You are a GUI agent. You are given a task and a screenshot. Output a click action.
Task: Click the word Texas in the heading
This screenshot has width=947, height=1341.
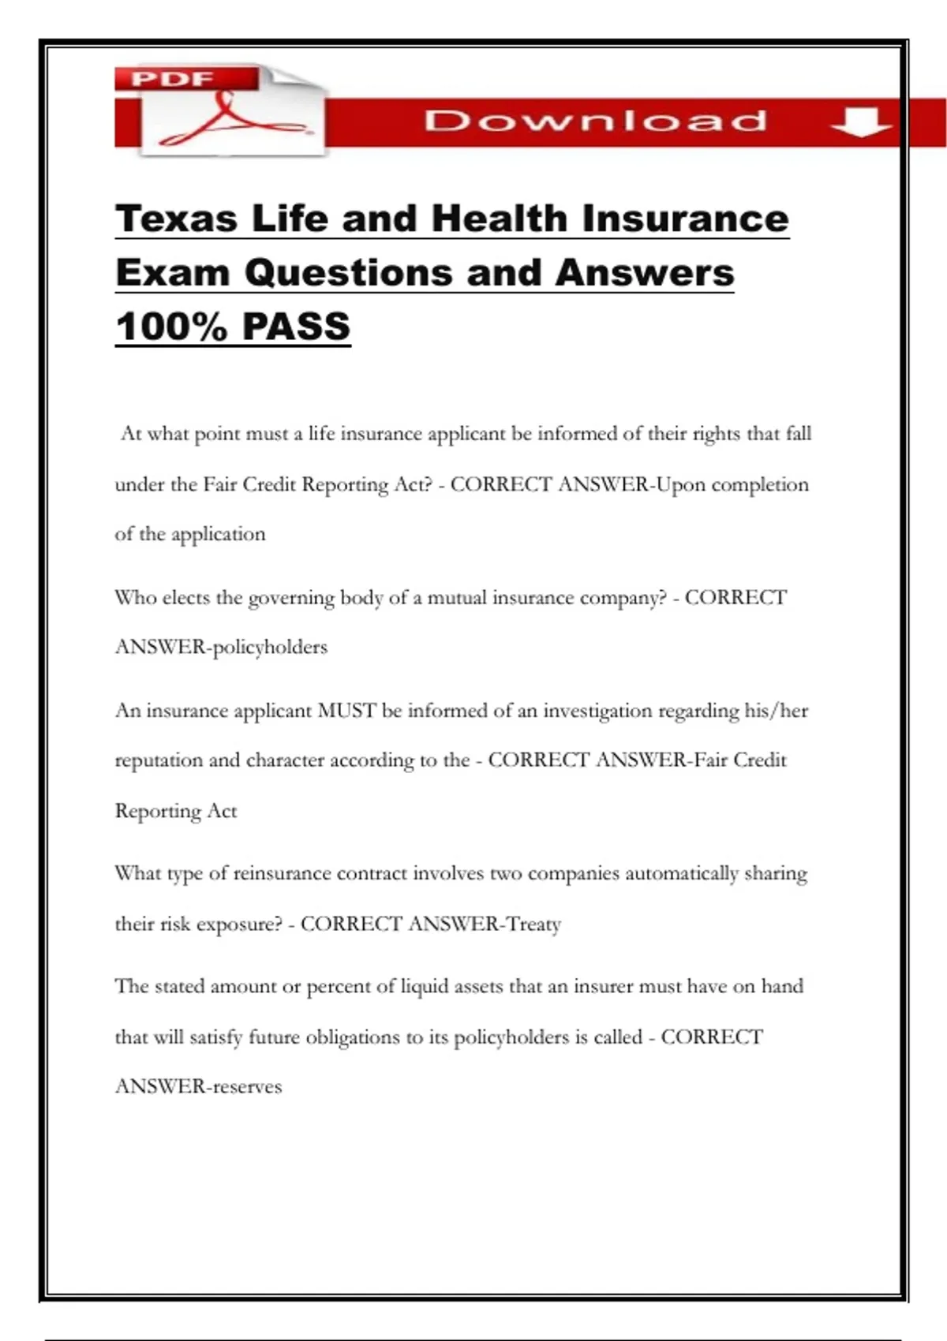[x=176, y=219]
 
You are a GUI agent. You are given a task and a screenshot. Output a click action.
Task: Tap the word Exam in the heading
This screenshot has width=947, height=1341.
[x=172, y=273]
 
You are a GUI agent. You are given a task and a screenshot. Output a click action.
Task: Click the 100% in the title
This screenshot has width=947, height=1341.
[x=170, y=327]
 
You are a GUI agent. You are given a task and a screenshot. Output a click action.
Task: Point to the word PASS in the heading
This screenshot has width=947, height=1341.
[x=296, y=327]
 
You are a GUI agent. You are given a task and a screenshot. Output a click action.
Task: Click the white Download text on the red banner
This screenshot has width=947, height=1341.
[x=595, y=121]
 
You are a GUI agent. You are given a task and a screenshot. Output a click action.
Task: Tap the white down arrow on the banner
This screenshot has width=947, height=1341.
[x=861, y=122]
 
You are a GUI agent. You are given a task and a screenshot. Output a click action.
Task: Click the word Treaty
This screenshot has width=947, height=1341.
[x=533, y=924]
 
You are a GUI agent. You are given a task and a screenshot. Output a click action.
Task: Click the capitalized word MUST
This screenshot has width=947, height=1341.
[x=346, y=711]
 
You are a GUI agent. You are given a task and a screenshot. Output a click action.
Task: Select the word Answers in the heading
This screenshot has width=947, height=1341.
[x=644, y=273]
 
